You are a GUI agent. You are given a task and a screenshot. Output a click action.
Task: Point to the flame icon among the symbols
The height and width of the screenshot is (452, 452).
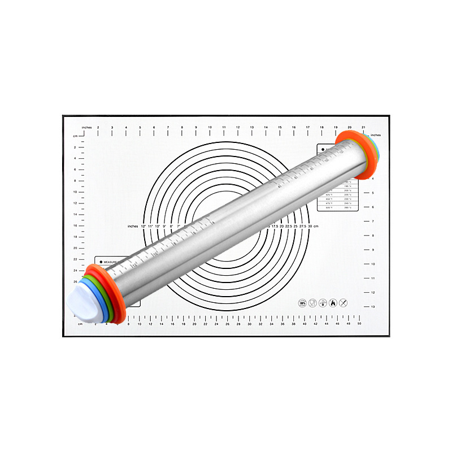point(333,303)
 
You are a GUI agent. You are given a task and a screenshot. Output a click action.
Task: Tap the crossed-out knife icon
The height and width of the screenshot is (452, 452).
point(344,303)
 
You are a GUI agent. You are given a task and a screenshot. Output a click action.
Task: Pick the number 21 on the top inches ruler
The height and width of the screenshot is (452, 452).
point(363,127)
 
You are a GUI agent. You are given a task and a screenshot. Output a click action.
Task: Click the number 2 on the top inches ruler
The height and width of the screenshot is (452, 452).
point(98,127)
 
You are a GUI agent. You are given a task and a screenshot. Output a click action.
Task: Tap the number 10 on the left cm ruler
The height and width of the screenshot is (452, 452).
point(75,192)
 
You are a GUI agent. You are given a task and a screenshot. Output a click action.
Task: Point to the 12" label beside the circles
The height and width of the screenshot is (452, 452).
point(143,226)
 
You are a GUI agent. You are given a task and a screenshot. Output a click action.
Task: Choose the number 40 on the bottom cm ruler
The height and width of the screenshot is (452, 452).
point(305,324)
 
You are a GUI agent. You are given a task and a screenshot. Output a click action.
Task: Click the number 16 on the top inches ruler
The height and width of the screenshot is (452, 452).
point(294,127)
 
